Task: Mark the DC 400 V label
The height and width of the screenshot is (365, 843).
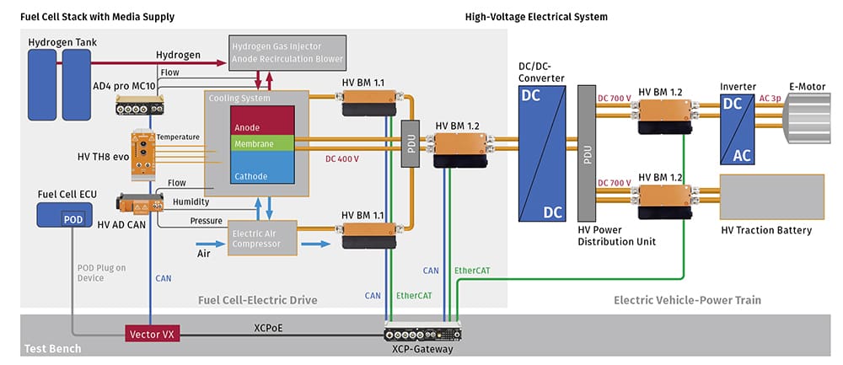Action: point(342,159)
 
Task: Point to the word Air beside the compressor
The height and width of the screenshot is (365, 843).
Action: point(204,252)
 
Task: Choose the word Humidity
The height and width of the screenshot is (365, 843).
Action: point(190,202)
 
